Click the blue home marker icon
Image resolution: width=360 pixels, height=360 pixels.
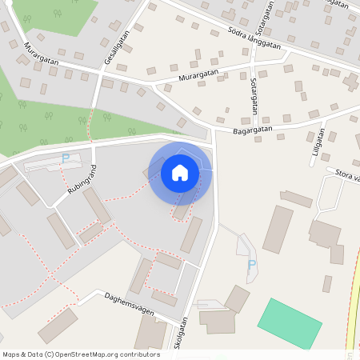coord(180,173)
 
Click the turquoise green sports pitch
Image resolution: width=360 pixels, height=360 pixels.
coord(290,324)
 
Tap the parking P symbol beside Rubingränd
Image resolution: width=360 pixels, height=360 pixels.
coord(66,158)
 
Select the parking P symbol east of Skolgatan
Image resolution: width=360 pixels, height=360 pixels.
coord(252,265)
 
